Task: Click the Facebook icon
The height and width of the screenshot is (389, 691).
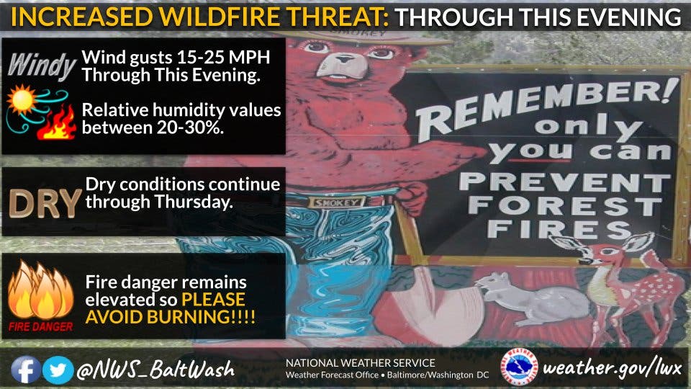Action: point(26,370)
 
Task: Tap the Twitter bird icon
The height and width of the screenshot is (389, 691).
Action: point(58,370)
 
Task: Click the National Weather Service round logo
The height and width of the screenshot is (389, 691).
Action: point(520,367)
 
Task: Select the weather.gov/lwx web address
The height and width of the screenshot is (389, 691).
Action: point(613,367)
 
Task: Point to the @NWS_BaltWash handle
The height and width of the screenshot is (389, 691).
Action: point(155,370)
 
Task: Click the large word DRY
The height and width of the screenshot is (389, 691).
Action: point(45,203)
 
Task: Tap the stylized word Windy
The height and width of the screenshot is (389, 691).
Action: point(42,66)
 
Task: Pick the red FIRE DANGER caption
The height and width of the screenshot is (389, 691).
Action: point(40,327)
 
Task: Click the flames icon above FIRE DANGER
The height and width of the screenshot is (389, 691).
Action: point(40,290)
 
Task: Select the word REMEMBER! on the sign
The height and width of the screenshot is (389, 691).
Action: point(546,106)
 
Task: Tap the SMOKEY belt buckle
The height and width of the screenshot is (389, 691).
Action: point(337,202)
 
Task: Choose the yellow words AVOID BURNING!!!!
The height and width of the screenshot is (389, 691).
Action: point(170,317)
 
